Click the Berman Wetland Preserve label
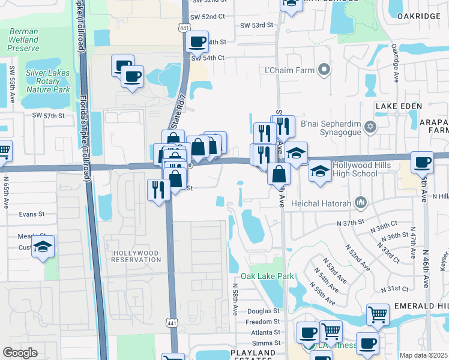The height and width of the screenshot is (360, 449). (24, 40)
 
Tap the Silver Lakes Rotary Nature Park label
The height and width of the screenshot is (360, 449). (48, 81)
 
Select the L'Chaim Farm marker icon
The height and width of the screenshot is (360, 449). (324, 70)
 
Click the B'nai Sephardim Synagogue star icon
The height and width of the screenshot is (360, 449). (370, 127)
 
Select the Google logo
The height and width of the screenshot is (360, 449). (20, 353)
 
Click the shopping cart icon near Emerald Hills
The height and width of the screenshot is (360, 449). (377, 313)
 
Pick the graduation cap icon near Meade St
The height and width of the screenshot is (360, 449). (43, 247)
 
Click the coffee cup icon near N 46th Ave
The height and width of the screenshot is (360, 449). (422, 161)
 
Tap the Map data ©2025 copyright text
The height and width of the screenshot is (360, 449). (423, 355)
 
